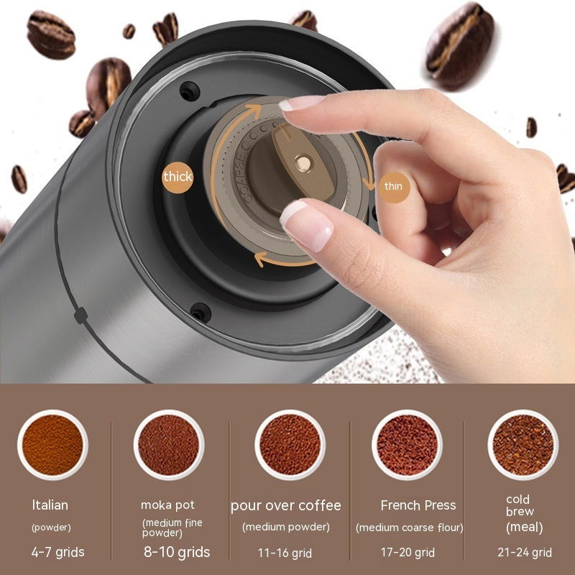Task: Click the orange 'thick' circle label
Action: click(x=178, y=176)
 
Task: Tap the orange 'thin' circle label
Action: click(x=393, y=186)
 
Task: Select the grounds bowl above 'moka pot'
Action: click(x=168, y=444)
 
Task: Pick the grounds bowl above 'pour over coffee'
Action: click(x=290, y=444)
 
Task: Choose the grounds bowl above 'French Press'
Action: click(x=407, y=444)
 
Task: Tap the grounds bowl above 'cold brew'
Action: click(x=523, y=444)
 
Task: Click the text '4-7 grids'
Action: click(x=58, y=552)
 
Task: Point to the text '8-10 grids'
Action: click(x=176, y=552)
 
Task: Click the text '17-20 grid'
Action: click(x=408, y=553)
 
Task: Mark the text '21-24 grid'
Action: click(x=525, y=553)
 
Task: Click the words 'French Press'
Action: click(x=418, y=505)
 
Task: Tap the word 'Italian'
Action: click(x=50, y=505)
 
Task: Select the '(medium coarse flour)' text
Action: click(x=410, y=528)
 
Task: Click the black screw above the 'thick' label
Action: click(x=188, y=91)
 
